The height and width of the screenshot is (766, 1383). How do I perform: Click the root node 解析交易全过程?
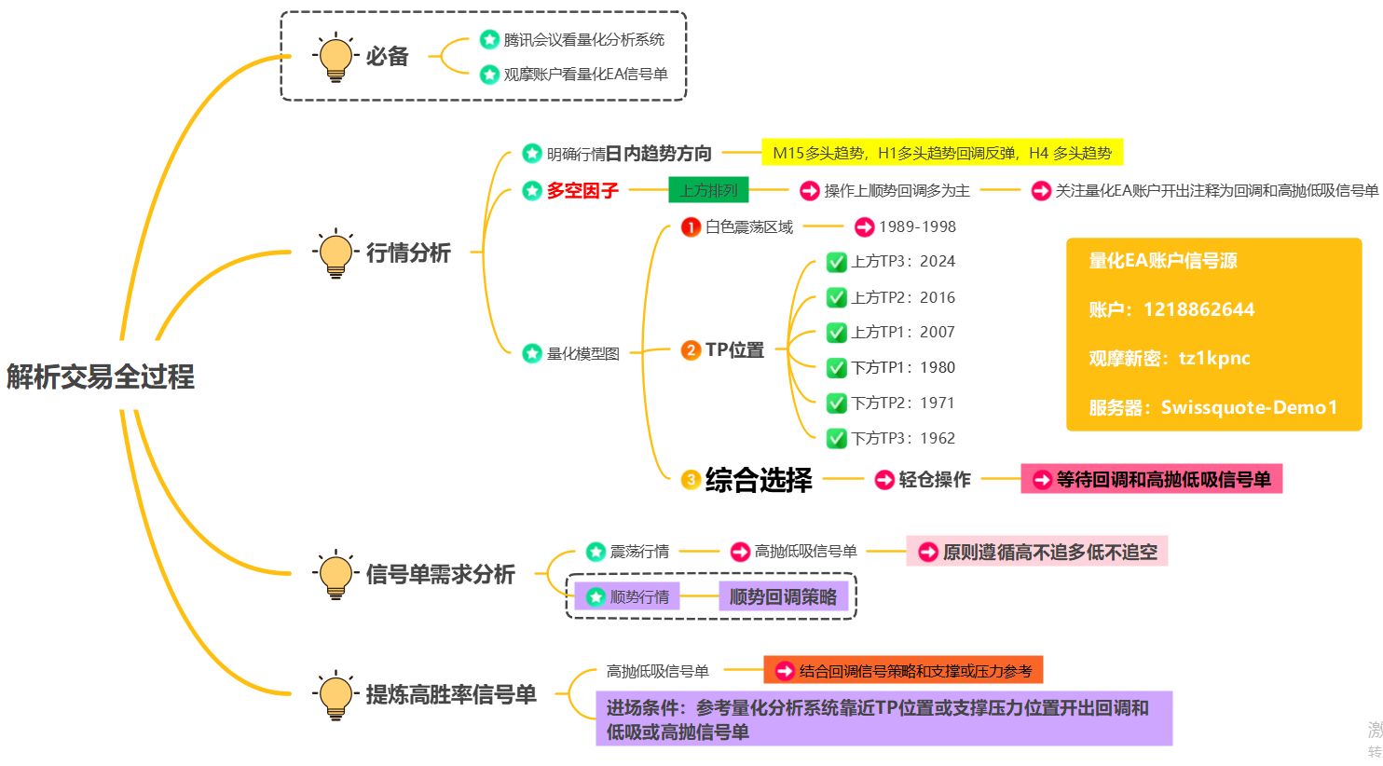tap(101, 376)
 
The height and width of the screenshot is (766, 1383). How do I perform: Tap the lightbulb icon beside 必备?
tap(335, 57)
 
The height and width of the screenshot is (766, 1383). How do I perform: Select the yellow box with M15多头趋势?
tap(942, 153)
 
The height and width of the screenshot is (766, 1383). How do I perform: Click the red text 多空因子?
tap(582, 191)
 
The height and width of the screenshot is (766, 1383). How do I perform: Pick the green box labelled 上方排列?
tap(708, 191)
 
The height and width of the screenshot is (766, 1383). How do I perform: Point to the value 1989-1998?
tap(917, 226)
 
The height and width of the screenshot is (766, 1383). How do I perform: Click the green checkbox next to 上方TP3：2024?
tap(836, 263)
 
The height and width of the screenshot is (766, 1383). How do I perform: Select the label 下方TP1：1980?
tap(902, 367)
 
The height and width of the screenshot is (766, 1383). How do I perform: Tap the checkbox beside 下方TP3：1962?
tap(836, 438)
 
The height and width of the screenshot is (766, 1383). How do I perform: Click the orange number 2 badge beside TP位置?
tap(691, 350)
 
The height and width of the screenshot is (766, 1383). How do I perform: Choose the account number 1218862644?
tap(1198, 309)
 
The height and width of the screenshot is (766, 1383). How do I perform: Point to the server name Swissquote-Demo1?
tap(1249, 407)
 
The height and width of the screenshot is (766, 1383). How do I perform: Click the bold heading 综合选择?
tap(759, 480)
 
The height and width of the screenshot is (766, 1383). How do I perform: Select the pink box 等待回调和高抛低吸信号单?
tap(1152, 479)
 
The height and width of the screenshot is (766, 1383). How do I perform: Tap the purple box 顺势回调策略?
tap(783, 596)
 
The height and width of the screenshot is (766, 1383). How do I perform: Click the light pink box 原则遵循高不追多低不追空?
tap(1037, 552)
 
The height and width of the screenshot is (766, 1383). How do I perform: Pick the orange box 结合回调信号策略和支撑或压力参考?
tap(903, 671)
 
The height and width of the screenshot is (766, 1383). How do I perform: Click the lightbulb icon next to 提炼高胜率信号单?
tap(335, 694)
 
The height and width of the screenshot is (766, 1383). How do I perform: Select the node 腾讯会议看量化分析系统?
tap(583, 40)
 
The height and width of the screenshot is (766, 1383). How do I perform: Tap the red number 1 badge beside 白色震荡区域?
tap(691, 226)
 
